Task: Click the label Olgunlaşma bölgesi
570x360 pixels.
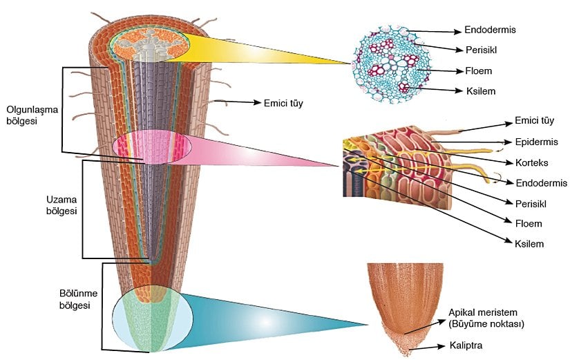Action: pos(30,115)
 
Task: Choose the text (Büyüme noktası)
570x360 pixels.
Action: pos(487,323)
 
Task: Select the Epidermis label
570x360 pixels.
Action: pos(538,144)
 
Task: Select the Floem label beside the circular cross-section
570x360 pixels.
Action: pos(477,70)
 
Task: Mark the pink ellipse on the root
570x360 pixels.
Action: pos(149,149)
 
